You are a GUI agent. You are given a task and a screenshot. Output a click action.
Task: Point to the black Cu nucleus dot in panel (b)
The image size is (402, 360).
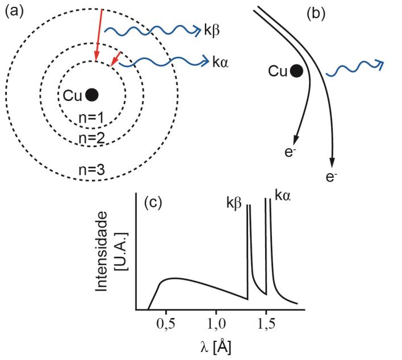click(x=295, y=71)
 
